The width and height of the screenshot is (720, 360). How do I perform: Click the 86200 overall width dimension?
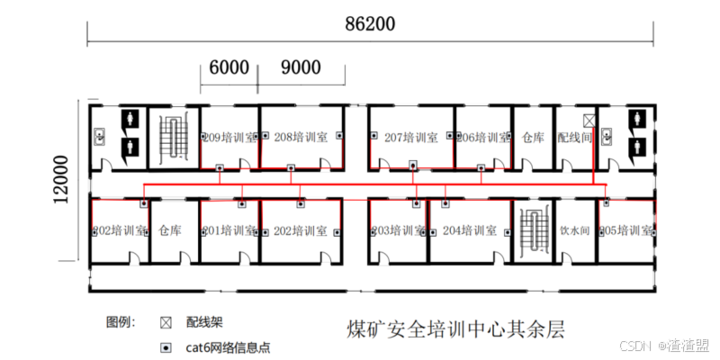(x=370, y=24)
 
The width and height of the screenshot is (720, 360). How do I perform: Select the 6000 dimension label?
(x=229, y=67)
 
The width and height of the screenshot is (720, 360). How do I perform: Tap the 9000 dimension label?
(x=301, y=67)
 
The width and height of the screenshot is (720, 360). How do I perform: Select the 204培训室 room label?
(x=469, y=230)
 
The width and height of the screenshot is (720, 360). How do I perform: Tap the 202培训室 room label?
(x=296, y=230)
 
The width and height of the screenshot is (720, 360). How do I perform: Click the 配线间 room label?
(x=574, y=138)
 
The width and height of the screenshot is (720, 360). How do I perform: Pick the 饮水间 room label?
(x=574, y=230)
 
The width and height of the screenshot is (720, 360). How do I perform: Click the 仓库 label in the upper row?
(x=533, y=138)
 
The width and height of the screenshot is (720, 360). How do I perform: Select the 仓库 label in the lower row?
(x=170, y=230)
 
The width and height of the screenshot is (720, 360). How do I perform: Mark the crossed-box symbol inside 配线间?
(x=589, y=120)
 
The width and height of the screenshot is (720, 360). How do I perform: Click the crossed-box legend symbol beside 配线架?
(x=166, y=322)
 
